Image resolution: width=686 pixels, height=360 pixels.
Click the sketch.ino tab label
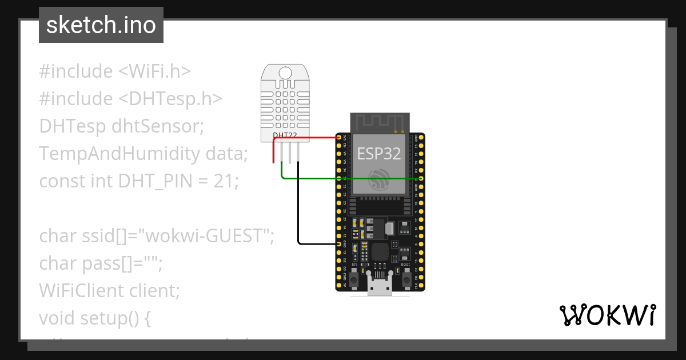coord(101,25)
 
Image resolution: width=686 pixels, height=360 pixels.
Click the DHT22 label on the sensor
coord(285,135)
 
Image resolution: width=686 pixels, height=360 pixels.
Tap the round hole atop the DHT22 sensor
coord(285,72)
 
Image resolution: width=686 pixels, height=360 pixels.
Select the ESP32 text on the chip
coord(379,153)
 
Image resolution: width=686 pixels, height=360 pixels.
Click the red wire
coord(309,138)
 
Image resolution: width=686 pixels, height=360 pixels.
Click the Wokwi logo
coord(607,315)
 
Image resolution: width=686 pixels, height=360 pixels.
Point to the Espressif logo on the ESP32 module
coord(379,179)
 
